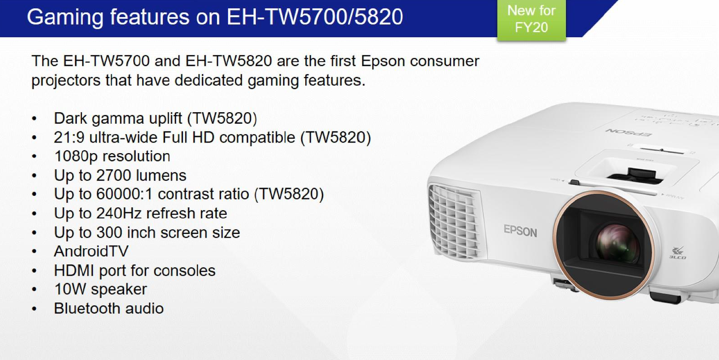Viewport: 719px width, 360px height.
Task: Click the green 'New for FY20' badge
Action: tap(531, 20)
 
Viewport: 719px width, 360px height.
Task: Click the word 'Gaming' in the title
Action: tap(65, 17)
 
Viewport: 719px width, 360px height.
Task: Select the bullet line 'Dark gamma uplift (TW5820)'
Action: tap(155, 119)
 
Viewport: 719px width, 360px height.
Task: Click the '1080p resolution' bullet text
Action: tap(112, 157)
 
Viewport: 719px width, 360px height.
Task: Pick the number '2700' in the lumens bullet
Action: tap(114, 175)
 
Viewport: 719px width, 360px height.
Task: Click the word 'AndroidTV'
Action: tap(91, 251)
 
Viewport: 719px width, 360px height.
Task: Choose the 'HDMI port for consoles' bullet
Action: tap(135, 271)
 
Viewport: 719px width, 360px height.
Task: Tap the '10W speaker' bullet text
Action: tap(101, 289)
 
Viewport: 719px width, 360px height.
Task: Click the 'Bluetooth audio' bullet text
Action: tap(109, 309)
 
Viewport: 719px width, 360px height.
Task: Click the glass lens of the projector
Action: tap(616, 243)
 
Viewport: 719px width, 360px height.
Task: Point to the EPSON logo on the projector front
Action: tap(520, 231)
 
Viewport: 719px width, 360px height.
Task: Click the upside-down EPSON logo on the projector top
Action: tap(628, 132)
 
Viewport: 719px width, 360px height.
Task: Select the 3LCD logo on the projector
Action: tap(678, 253)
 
